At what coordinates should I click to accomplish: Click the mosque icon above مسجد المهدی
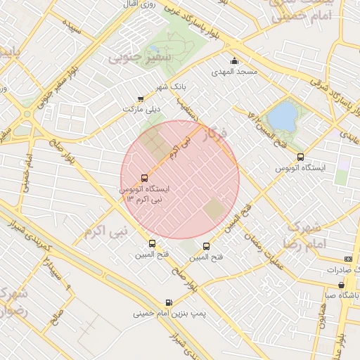click(233, 60)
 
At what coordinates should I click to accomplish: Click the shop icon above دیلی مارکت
click(141, 99)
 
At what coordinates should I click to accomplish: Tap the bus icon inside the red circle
click(145, 178)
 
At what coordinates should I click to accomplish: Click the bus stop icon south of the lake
click(301, 157)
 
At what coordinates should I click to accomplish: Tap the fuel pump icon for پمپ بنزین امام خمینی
click(168, 302)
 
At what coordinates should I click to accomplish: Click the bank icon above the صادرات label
click(348, 259)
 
